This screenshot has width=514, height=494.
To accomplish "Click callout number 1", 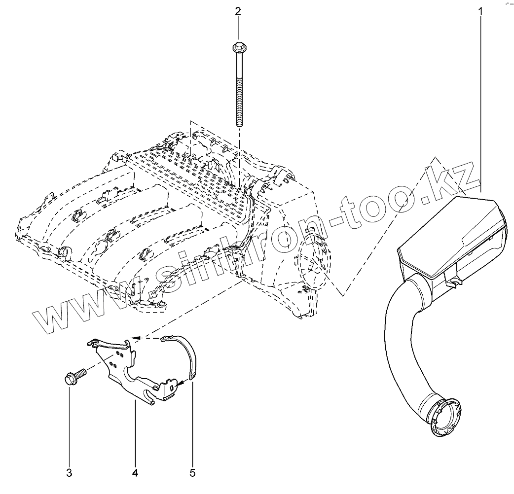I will [x=480, y=10].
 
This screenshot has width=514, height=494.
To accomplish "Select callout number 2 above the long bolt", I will [x=238, y=10].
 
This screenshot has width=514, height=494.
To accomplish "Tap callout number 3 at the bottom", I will [x=69, y=473].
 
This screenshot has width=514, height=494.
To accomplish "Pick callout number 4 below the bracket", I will [x=135, y=473].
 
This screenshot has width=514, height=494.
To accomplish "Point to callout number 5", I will [x=192, y=473].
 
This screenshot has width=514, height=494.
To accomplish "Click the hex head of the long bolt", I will [x=238, y=48].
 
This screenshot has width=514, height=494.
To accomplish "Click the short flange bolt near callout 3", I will [x=74, y=376].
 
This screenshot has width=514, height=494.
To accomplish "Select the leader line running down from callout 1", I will [x=480, y=99].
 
